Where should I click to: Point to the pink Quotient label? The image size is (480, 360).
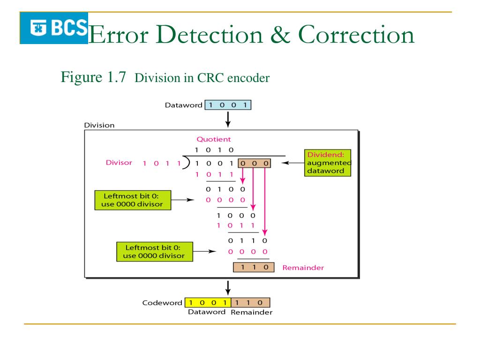point(213,139)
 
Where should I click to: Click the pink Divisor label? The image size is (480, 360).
point(119,163)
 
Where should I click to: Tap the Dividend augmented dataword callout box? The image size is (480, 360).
point(328,163)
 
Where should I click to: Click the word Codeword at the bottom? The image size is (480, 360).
point(162,303)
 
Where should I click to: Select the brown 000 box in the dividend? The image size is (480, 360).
point(254,163)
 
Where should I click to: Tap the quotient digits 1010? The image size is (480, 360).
point(214,150)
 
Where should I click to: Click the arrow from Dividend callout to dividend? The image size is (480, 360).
point(289,163)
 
